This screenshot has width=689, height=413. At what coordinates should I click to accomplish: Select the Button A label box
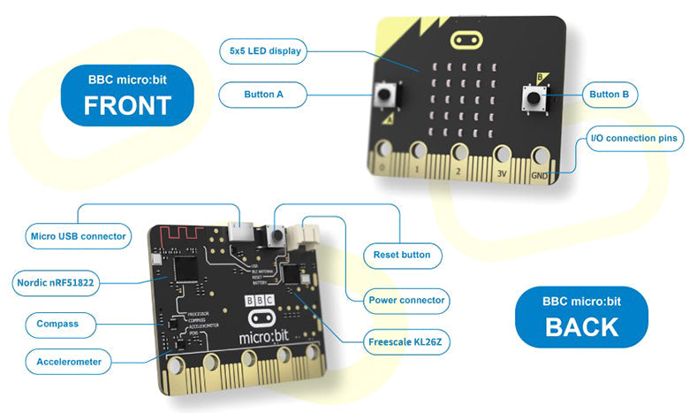coord(262,93)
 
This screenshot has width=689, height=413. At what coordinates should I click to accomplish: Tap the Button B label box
coord(613,93)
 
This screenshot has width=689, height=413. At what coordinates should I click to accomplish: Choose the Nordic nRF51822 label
coord(55,283)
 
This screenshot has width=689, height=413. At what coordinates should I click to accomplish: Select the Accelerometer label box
coord(69,362)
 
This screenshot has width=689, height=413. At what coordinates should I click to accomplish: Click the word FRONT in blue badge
coord(126,105)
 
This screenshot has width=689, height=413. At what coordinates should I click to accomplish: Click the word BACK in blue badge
coord(581,326)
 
